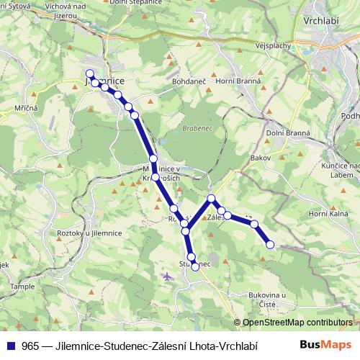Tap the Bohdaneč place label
coord(189,81)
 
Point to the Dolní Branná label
coord(288,132)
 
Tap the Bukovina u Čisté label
coord(268,299)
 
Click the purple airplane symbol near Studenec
coord(168,276)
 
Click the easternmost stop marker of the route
coord(270,245)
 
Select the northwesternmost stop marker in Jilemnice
coord(89,73)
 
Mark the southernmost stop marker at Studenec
coord(195,266)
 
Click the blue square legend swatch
coord(10,345)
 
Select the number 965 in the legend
coord(31,345)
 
